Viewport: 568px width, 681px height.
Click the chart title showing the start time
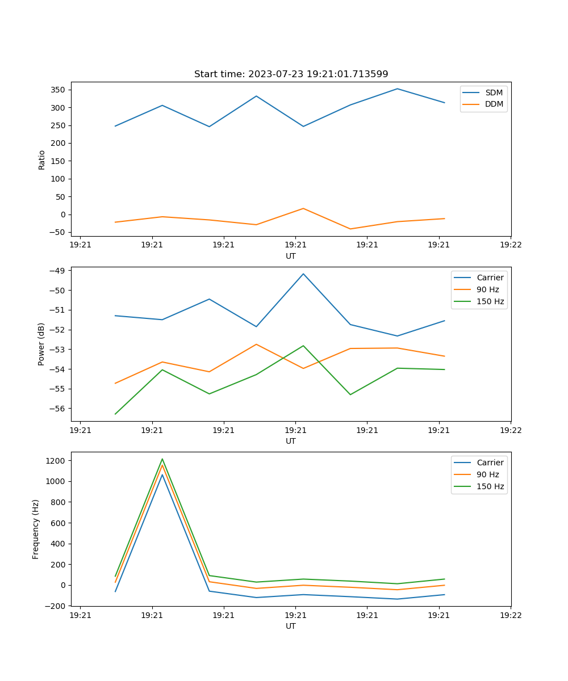click(291, 74)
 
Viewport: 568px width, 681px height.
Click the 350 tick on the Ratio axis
click(59, 90)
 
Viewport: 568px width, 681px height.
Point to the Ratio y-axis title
click(42, 159)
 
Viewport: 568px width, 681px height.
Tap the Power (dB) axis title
click(41, 344)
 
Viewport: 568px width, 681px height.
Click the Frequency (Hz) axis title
click(36, 529)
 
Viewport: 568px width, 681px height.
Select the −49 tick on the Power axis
click(57, 271)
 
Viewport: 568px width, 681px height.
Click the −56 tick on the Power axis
click(57, 409)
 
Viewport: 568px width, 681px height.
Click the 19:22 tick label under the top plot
click(511, 245)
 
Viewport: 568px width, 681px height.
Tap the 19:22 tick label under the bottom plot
click(511, 615)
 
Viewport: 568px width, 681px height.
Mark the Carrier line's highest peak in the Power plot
click(303, 274)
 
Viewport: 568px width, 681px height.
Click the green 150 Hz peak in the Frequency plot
click(162, 459)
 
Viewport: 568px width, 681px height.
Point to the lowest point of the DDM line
click(350, 229)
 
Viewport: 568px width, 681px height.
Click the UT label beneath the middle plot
click(291, 441)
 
